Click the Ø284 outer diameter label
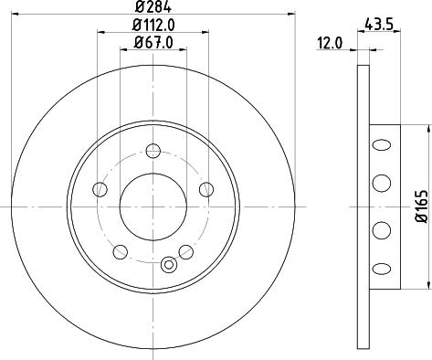(x=153, y=6)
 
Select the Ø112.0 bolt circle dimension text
(x=153, y=25)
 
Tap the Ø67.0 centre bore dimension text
(x=153, y=42)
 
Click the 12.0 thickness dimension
(x=330, y=43)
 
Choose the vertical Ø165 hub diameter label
(x=422, y=206)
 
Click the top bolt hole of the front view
(x=153, y=151)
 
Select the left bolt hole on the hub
(x=100, y=189)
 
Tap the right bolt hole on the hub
(x=206, y=189)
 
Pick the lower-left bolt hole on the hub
(x=121, y=252)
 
